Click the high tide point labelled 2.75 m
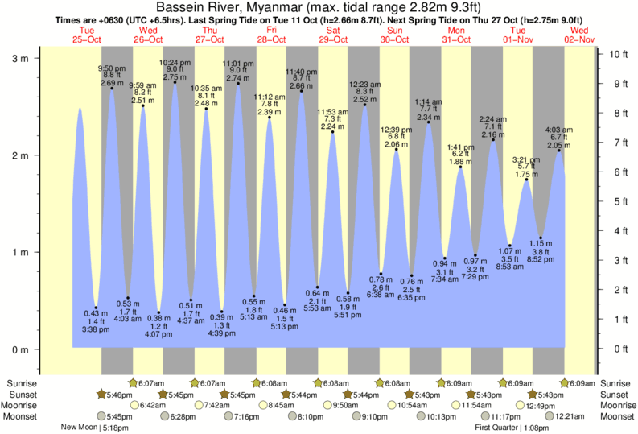[175, 82]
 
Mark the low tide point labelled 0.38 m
[158, 312]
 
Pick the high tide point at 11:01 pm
[238, 84]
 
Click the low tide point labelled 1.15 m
[541, 238]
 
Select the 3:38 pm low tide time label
[96, 329]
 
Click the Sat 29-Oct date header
[333, 35]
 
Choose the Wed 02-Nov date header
[579, 35]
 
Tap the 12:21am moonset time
[568, 416]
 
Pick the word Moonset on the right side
[615, 416]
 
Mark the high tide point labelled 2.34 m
[428, 122]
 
